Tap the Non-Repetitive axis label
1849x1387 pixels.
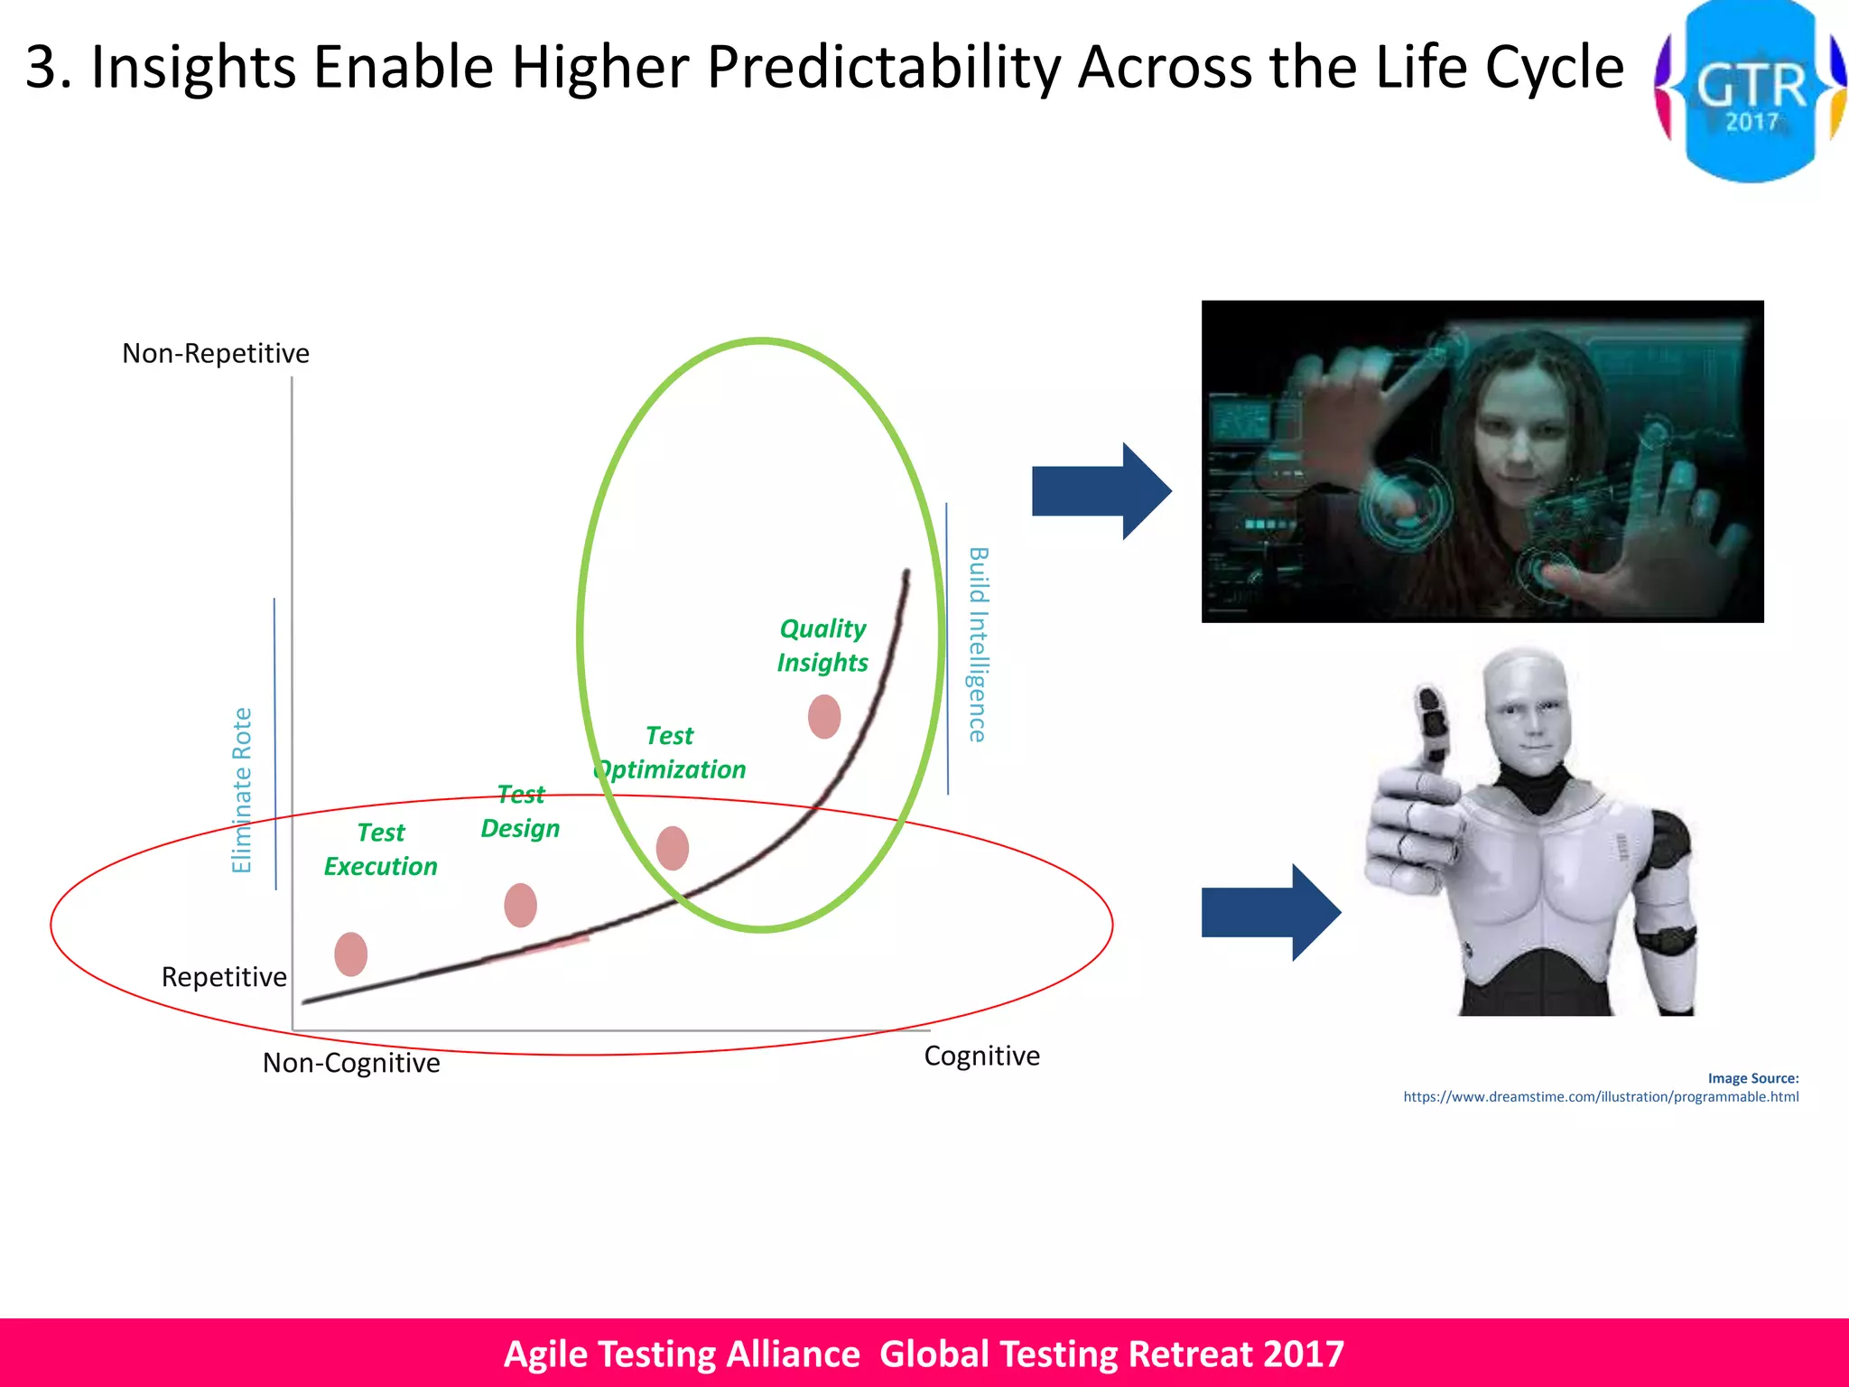click(x=216, y=353)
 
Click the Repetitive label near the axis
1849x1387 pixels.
click(x=224, y=977)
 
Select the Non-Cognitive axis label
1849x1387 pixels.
click(x=351, y=1063)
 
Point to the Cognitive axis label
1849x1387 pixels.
click(x=981, y=1056)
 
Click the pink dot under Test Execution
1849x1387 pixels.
click(x=350, y=954)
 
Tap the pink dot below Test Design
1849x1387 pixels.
click(x=520, y=905)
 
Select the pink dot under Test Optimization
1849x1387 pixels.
click(x=672, y=848)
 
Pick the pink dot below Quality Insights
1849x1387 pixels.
click(x=823, y=716)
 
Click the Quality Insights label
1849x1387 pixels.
click(x=822, y=646)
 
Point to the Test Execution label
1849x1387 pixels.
click(x=380, y=850)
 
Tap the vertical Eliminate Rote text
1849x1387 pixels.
click(x=242, y=790)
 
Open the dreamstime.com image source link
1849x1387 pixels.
click(x=1600, y=1096)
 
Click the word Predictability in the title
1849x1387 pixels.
click(x=883, y=68)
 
